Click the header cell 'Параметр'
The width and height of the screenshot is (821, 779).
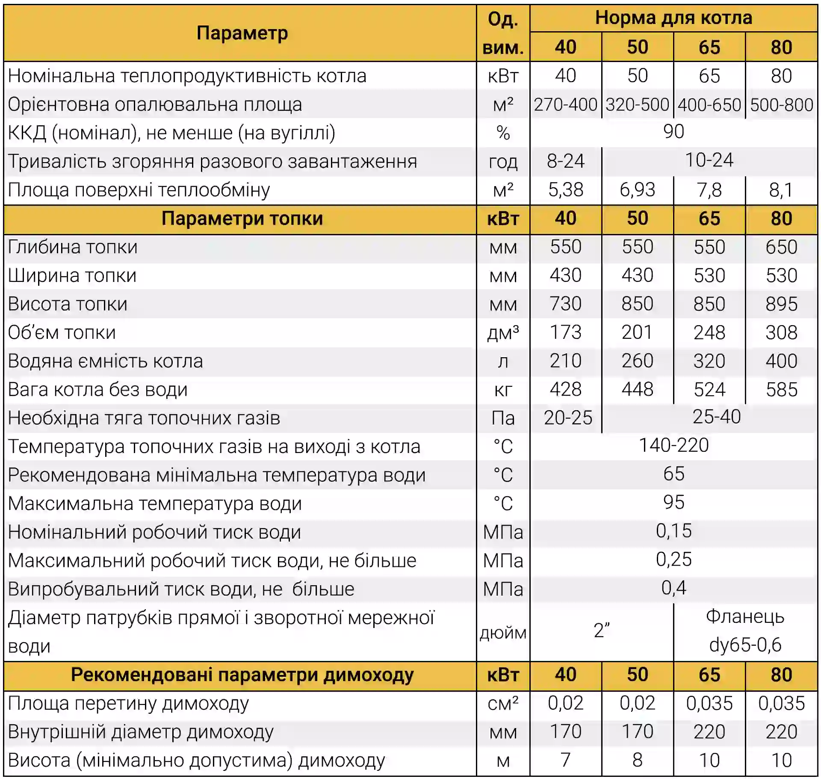(x=242, y=33)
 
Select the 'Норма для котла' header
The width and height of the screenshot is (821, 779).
(x=673, y=18)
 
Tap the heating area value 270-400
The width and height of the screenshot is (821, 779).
(x=565, y=104)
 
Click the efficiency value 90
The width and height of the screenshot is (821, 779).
(x=673, y=132)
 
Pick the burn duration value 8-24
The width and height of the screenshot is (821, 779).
(x=565, y=161)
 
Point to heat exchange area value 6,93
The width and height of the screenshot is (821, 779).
(x=637, y=190)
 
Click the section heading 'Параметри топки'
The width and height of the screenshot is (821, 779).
(x=242, y=219)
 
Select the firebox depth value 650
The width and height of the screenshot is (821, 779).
(x=781, y=247)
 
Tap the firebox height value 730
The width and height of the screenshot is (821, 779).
(x=565, y=304)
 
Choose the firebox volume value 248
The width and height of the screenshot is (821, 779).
(x=709, y=332)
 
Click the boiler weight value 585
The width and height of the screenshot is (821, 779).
(x=781, y=389)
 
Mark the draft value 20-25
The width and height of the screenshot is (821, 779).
(x=568, y=418)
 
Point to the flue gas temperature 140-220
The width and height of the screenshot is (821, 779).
(x=673, y=445)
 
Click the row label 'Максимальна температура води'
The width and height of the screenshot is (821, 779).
(x=155, y=504)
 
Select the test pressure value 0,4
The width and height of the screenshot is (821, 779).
(x=673, y=588)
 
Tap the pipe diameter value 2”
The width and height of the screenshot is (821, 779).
(x=601, y=631)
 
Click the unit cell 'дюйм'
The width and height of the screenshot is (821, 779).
(x=503, y=633)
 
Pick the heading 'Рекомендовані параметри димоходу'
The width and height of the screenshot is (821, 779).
(x=242, y=675)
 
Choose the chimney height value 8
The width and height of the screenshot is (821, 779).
(x=637, y=760)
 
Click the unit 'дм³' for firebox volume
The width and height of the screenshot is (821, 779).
(x=503, y=332)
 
